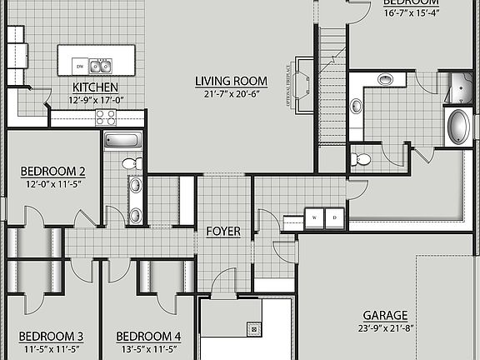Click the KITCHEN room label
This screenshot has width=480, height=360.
point(94,87)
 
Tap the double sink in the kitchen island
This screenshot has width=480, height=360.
point(101,66)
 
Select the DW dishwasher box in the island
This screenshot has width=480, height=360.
point(79,66)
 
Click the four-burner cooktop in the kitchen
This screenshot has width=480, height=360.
point(106,117)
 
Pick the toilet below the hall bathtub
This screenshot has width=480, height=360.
point(129,163)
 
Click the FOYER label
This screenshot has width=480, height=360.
point(223,232)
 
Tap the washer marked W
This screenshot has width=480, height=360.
point(315,217)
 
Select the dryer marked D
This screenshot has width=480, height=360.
point(333,217)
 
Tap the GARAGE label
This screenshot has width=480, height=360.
point(384,316)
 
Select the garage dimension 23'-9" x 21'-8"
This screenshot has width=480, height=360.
point(384,328)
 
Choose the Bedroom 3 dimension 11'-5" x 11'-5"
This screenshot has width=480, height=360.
point(51,350)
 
